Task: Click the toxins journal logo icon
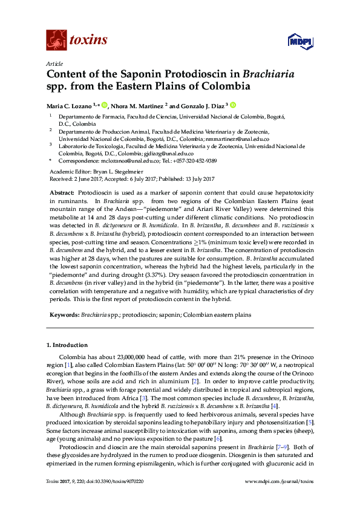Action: click(x=56, y=40)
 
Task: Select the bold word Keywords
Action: click(x=64, y=314)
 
